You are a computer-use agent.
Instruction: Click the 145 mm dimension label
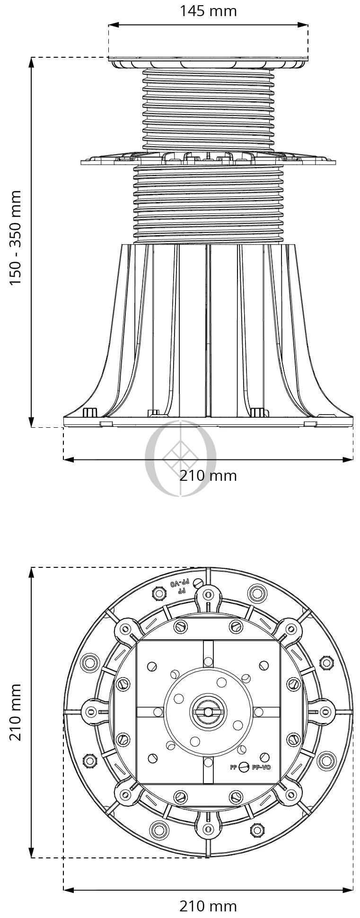point(208,11)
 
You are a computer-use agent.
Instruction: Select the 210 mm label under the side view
point(208,476)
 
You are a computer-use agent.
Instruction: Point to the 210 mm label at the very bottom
point(208,906)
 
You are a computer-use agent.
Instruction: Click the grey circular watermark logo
point(180,458)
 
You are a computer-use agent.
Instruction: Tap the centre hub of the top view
point(208,712)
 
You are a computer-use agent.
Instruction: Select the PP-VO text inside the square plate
point(261,767)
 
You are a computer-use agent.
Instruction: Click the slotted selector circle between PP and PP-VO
point(244,767)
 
